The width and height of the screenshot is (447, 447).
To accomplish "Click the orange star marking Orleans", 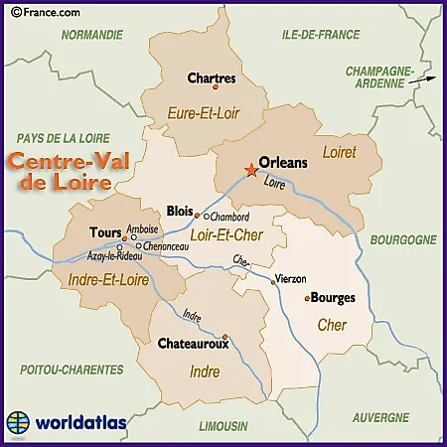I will [249, 171].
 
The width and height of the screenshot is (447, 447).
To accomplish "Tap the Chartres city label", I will [211, 76].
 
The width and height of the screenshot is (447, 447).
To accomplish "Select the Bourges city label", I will [333, 297].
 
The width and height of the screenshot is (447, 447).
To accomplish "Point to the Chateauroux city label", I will [194, 345].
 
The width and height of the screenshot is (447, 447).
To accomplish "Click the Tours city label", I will [105, 232].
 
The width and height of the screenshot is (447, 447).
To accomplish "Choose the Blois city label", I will [180, 211].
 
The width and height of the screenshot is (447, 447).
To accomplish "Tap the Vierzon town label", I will [290, 279].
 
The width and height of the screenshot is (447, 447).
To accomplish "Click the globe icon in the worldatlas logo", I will [18, 421].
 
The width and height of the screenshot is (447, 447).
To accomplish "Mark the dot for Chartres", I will [217, 87].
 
